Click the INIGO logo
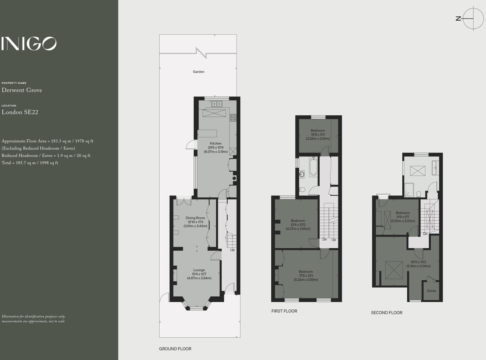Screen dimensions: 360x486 tap(29, 44)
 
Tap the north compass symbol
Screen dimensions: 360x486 tap(473, 19)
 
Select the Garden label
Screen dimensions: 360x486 tap(198, 72)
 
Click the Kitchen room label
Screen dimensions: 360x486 tap(216, 143)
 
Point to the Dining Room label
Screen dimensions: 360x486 tap(195, 218)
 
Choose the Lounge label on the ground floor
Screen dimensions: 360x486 tap(199, 270)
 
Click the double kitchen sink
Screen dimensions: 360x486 tap(216, 104)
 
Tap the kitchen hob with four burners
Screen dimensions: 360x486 tap(233, 117)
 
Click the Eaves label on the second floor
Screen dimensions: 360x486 tap(432, 291)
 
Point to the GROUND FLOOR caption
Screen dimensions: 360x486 tap(175, 349)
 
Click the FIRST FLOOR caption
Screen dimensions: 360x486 tap(284, 311)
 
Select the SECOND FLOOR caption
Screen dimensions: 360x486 tap(386, 313)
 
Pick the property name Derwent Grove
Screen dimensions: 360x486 tap(22, 90)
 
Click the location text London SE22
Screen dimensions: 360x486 tap(20, 112)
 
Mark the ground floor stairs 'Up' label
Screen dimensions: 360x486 tap(232, 250)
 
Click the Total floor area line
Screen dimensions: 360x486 tap(30, 163)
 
